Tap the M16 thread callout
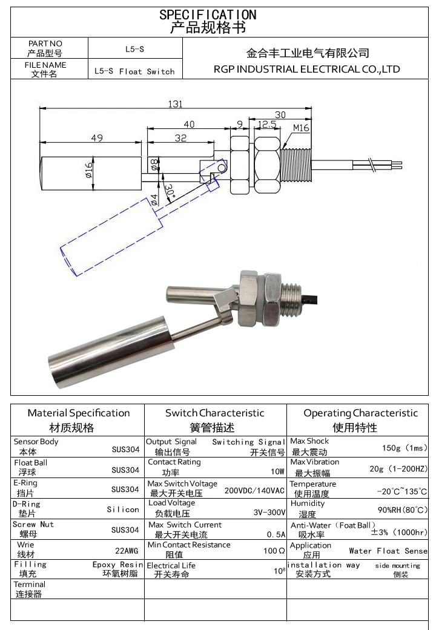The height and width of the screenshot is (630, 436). [301, 128]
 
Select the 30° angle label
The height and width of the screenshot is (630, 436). [169, 192]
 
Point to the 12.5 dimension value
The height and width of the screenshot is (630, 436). [266, 125]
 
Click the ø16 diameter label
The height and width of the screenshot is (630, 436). [88, 170]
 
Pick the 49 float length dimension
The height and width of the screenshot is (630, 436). [96, 138]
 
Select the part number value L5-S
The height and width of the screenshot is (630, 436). [134, 48]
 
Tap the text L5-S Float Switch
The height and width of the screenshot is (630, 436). [134, 71]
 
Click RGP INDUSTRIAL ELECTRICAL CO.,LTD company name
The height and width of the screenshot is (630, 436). [306, 69]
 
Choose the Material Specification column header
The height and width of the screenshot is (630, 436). [79, 413]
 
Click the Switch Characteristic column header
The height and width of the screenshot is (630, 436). [215, 413]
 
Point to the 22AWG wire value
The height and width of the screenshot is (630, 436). [127, 551]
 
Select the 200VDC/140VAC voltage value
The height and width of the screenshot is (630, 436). [254, 490]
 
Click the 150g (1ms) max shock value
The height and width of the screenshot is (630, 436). [405, 448]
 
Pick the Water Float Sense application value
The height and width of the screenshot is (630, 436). [388, 551]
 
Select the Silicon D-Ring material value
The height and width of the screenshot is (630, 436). [123, 510]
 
